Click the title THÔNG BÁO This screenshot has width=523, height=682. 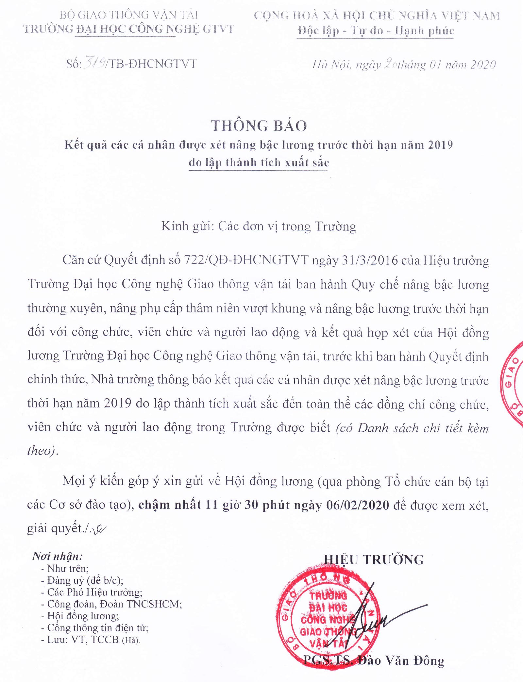tap(259, 126)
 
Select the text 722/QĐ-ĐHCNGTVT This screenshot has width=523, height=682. tap(246, 260)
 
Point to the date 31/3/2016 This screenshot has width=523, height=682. tap(370, 260)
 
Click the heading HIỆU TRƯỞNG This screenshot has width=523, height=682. tap(374, 560)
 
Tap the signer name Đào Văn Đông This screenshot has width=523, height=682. tap(401, 660)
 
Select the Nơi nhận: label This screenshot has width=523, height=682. tap(58, 556)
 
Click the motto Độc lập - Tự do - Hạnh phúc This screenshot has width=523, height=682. tap(376, 31)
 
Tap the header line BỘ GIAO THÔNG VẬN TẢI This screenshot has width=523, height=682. tap(129, 15)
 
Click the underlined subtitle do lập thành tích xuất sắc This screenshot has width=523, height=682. tap(259, 162)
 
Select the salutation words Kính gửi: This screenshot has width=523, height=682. tap(188, 226)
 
